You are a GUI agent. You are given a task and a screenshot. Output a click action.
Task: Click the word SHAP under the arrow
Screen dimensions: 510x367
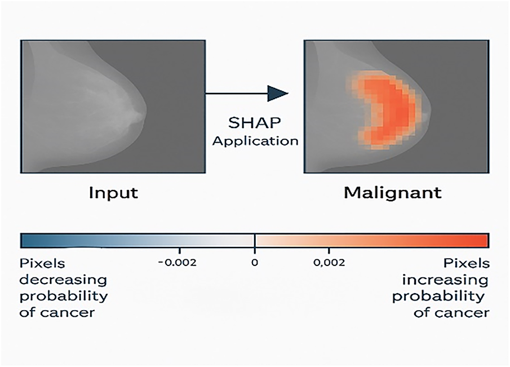pyautogui.click(x=254, y=123)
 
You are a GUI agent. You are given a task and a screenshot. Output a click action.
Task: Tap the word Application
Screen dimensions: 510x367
pyautogui.click(x=255, y=141)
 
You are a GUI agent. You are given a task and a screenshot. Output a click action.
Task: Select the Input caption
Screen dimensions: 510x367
pyautogui.click(x=113, y=193)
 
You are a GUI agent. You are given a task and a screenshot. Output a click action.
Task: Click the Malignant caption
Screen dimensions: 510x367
pyautogui.click(x=393, y=193)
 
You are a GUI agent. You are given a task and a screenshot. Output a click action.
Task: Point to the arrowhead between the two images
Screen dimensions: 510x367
pyautogui.click(x=278, y=94)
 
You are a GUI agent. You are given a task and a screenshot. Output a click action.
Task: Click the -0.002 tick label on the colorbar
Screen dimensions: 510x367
pyautogui.click(x=178, y=263)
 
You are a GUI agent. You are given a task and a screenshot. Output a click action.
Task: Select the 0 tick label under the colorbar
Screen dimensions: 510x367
pyautogui.click(x=255, y=263)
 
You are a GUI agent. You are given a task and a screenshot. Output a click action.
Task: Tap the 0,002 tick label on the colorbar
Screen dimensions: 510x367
pyautogui.click(x=329, y=263)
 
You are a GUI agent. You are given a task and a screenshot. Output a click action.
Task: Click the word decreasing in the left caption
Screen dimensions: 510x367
pyautogui.click(x=63, y=280)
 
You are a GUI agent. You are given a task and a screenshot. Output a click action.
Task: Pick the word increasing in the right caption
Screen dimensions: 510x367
pyautogui.click(x=445, y=280)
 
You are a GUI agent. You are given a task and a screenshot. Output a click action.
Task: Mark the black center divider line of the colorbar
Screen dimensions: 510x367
pyautogui.click(x=255, y=241)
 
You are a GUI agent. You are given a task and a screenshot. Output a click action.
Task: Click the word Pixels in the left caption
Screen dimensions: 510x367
pyautogui.click(x=42, y=263)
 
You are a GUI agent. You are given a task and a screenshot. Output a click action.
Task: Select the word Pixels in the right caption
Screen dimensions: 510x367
pyautogui.click(x=467, y=263)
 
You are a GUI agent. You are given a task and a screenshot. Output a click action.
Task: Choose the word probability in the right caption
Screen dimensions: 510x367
pyautogui.click(x=438, y=297)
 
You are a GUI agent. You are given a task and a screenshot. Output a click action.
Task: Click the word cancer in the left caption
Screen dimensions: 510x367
pyautogui.click(x=68, y=313)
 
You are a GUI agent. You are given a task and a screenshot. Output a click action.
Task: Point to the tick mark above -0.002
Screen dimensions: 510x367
pyautogui.click(x=180, y=250)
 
